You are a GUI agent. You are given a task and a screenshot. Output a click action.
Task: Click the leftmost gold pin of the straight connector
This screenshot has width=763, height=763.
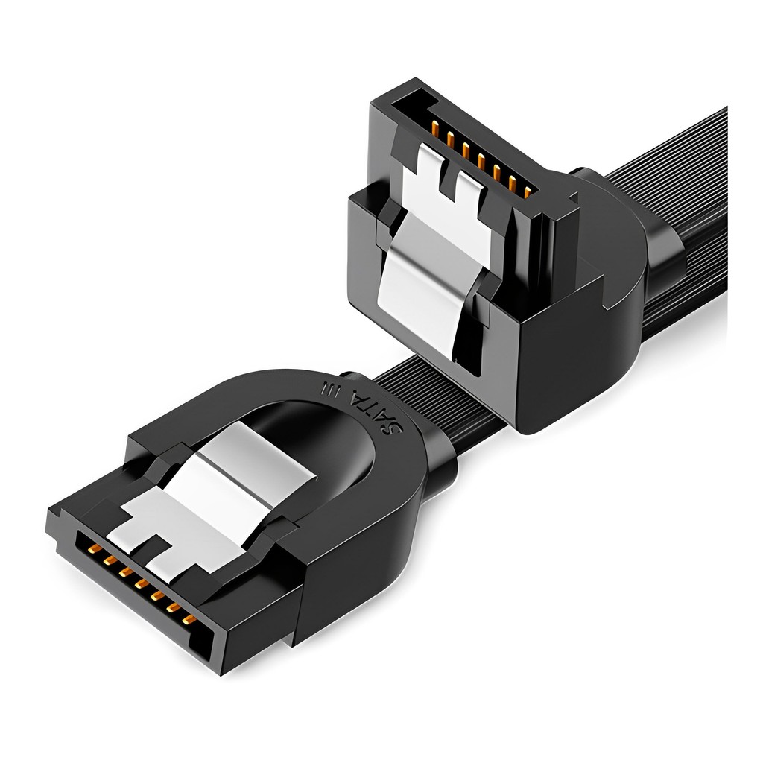point(95,550)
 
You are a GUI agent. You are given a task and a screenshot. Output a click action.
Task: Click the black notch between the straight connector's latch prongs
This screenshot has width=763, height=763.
point(153,551)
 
